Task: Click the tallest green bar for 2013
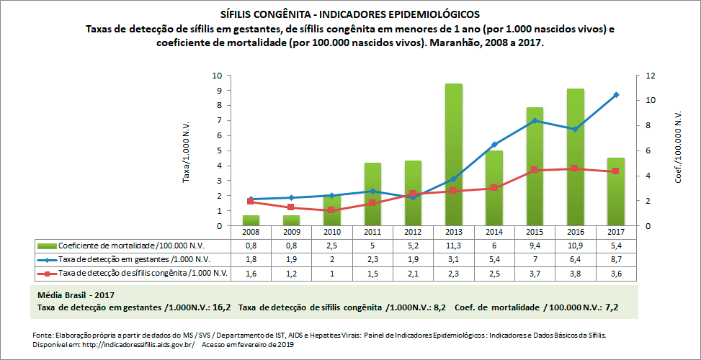[x=453, y=154]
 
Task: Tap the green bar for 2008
[x=250, y=220]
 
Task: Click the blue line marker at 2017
[x=616, y=95]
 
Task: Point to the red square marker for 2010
[x=331, y=210]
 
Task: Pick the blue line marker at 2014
[x=494, y=145]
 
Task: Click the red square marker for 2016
[x=575, y=168]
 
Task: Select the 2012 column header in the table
[x=412, y=232]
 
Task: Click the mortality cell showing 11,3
[x=453, y=245]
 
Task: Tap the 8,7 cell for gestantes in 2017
[x=616, y=258]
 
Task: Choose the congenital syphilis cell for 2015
[x=535, y=273]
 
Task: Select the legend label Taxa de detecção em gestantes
[x=134, y=258]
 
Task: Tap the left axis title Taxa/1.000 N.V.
[x=186, y=151]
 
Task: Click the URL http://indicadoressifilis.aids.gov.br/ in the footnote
[x=133, y=344]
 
